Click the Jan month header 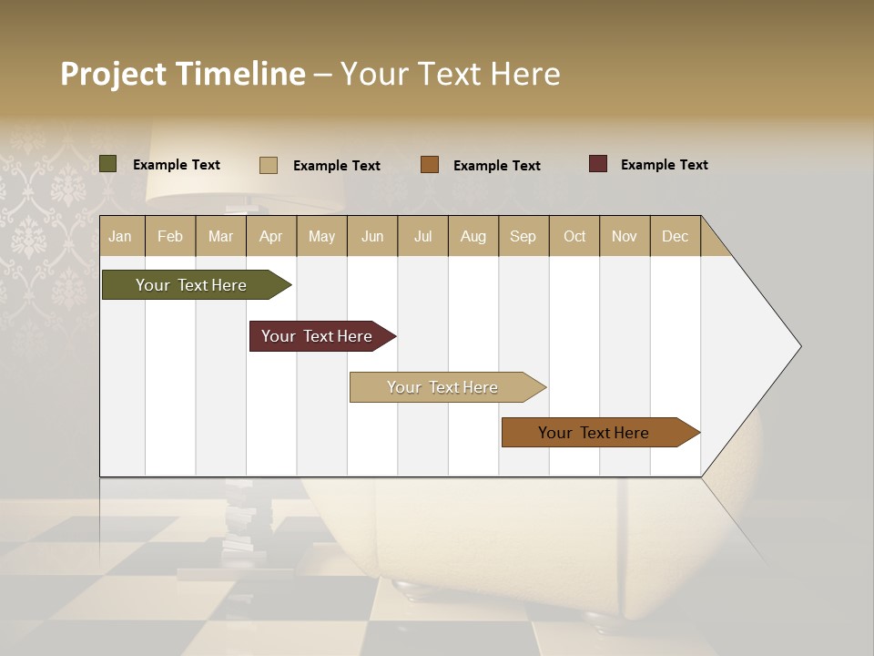pyautogui.click(x=120, y=236)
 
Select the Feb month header pyautogui.click(x=170, y=236)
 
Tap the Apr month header pyautogui.click(x=270, y=236)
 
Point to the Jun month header pyautogui.click(x=372, y=236)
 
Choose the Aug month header pyautogui.click(x=473, y=236)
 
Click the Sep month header pyautogui.click(x=523, y=236)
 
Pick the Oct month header pyautogui.click(x=574, y=236)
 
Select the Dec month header pyautogui.click(x=675, y=236)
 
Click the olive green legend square pyautogui.click(x=108, y=164)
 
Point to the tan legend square pyautogui.click(x=269, y=165)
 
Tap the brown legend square pyautogui.click(x=430, y=164)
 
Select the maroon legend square pyautogui.click(x=598, y=164)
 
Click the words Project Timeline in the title pyautogui.click(x=182, y=74)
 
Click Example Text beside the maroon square pyautogui.click(x=664, y=165)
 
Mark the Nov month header pyautogui.click(x=624, y=236)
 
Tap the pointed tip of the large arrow pyautogui.click(x=798, y=346)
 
